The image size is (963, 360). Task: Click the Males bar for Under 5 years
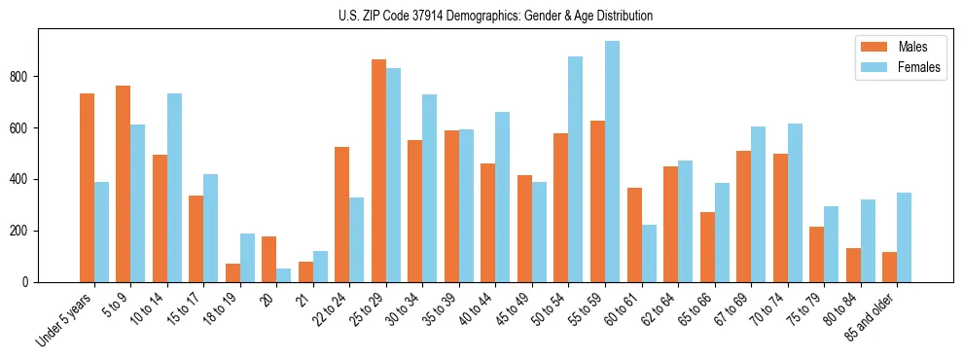(87, 188)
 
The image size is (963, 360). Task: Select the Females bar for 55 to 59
(612, 162)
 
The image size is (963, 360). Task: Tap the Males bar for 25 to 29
(378, 171)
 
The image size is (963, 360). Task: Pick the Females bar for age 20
(284, 275)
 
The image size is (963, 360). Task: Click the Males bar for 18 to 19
(232, 272)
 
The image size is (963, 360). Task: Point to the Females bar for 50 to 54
(576, 169)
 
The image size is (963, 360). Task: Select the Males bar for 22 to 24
(342, 214)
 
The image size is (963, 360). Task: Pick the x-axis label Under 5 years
(65, 317)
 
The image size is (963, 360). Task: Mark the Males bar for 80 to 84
(853, 265)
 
